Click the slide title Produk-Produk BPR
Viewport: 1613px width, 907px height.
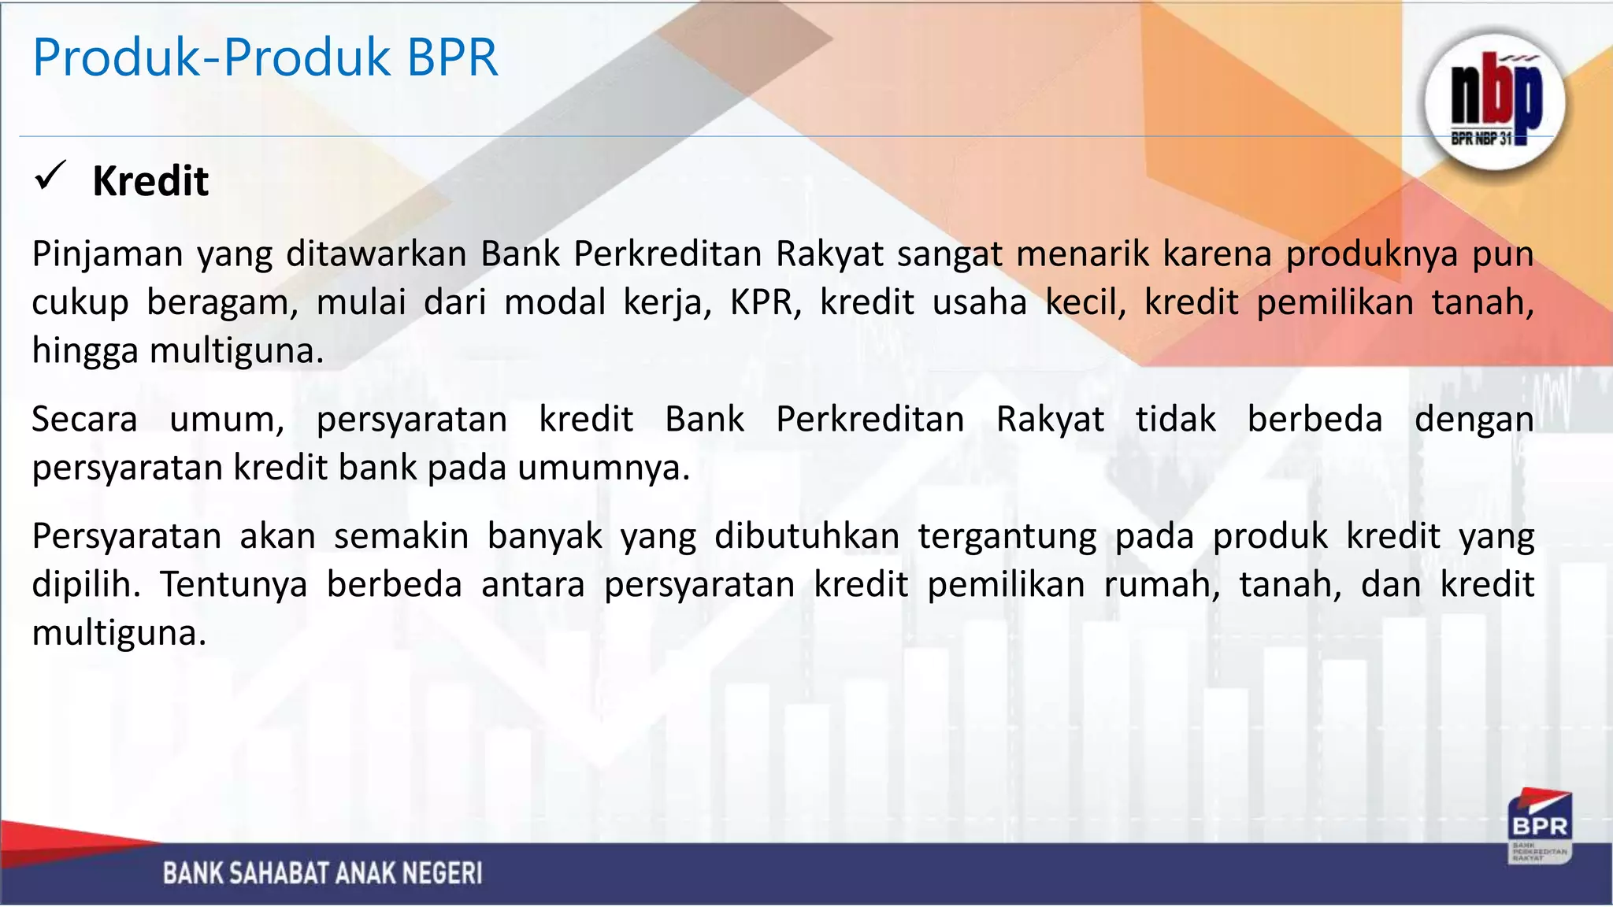[x=265, y=57]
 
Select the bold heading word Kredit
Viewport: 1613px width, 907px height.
[x=150, y=182]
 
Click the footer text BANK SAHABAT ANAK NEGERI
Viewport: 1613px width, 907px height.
[x=322, y=873]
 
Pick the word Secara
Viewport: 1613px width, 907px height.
[x=84, y=420]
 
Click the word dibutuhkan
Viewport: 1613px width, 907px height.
[x=806, y=537]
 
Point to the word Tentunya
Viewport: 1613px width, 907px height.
[x=234, y=585]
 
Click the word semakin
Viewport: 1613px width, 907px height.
[x=401, y=537]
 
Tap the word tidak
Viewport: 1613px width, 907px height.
[x=1175, y=420]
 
